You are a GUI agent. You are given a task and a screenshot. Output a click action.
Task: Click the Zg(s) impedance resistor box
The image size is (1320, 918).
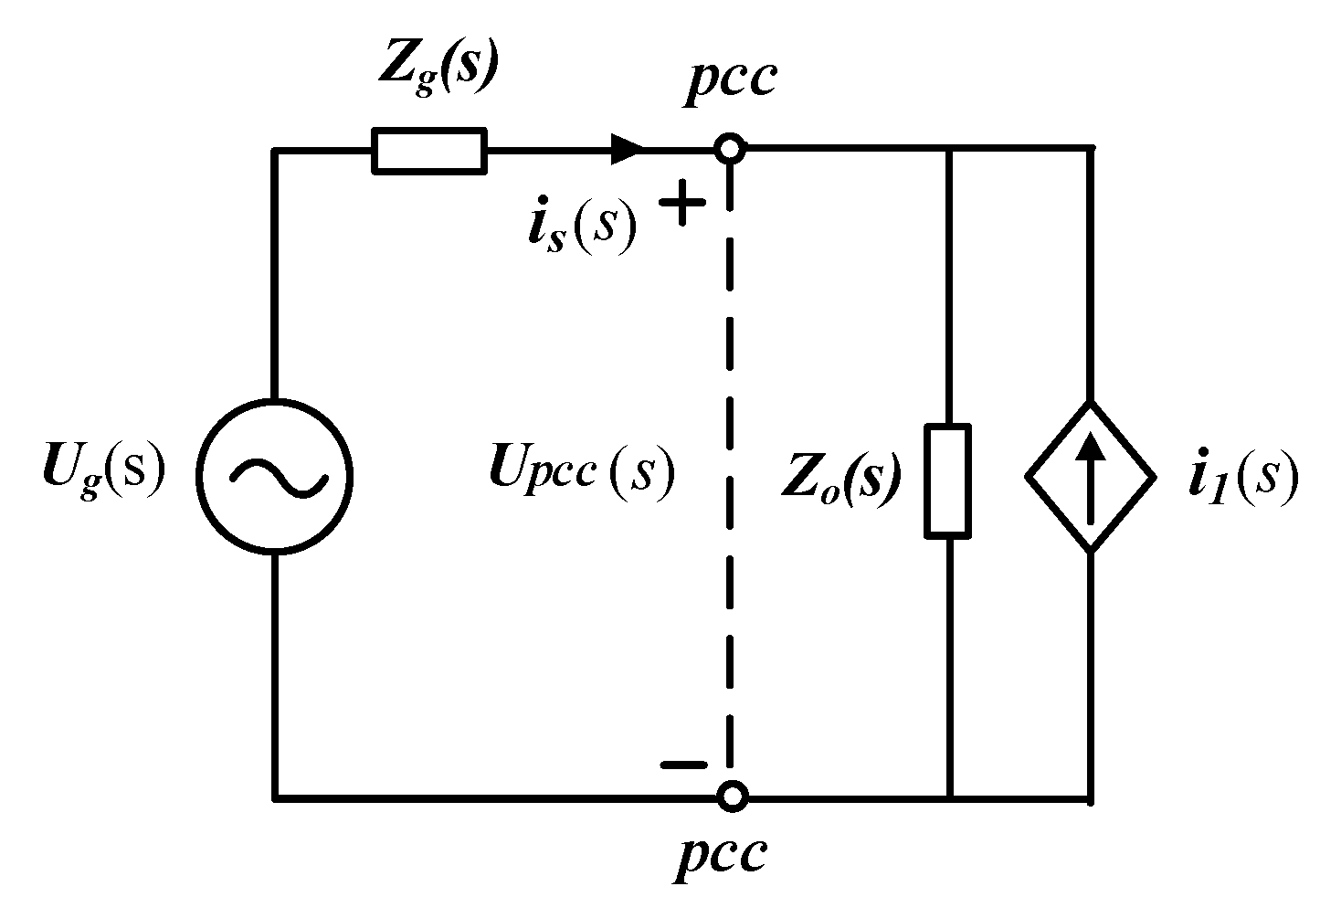coord(429,151)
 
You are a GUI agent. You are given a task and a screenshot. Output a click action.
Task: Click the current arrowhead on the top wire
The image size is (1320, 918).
coord(628,148)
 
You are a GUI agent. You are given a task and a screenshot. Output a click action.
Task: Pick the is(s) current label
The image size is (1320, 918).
coord(581,227)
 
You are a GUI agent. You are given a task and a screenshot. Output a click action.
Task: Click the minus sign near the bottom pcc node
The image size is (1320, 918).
coord(682,763)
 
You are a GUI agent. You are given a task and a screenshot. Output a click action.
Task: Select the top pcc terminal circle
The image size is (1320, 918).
coord(730,148)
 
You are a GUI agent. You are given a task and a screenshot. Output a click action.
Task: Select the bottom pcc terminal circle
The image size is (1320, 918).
coord(731,797)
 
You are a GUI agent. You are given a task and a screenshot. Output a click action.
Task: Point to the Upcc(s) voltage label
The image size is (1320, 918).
coord(582,472)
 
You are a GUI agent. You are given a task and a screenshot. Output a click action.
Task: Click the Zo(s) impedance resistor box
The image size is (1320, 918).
coord(949,480)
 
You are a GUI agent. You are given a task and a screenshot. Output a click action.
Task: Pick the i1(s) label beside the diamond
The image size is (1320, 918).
coord(1242,476)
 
